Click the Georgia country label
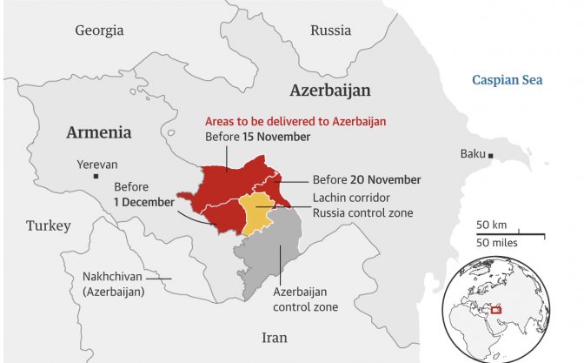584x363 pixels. tap(99, 30)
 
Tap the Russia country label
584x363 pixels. tap(330, 30)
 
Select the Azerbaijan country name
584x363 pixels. tap(330, 91)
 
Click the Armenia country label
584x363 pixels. tap(99, 132)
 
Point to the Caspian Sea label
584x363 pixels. tap(507, 80)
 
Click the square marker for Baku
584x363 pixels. tap(491, 155)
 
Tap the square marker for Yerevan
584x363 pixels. tap(84, 178)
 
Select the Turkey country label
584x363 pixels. tap(48, 225)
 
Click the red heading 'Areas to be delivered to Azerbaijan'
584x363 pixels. tap(295, 122)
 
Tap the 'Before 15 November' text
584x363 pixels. tap(257, 138)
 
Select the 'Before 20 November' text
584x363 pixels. tap(367, 179)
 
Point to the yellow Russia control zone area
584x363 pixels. tap(255, 214)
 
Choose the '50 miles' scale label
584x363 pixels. tap(497, 242)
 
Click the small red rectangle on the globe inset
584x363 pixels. tap(497, 309)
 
